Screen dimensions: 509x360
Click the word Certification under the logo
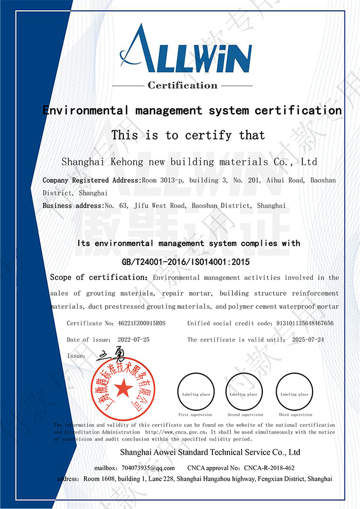pos(183,85)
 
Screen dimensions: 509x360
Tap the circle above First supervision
pos(195,393)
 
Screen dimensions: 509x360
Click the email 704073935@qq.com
pos(149,468)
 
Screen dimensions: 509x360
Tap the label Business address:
pos(73,206)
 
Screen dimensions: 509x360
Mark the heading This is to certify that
pos(188,135)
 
